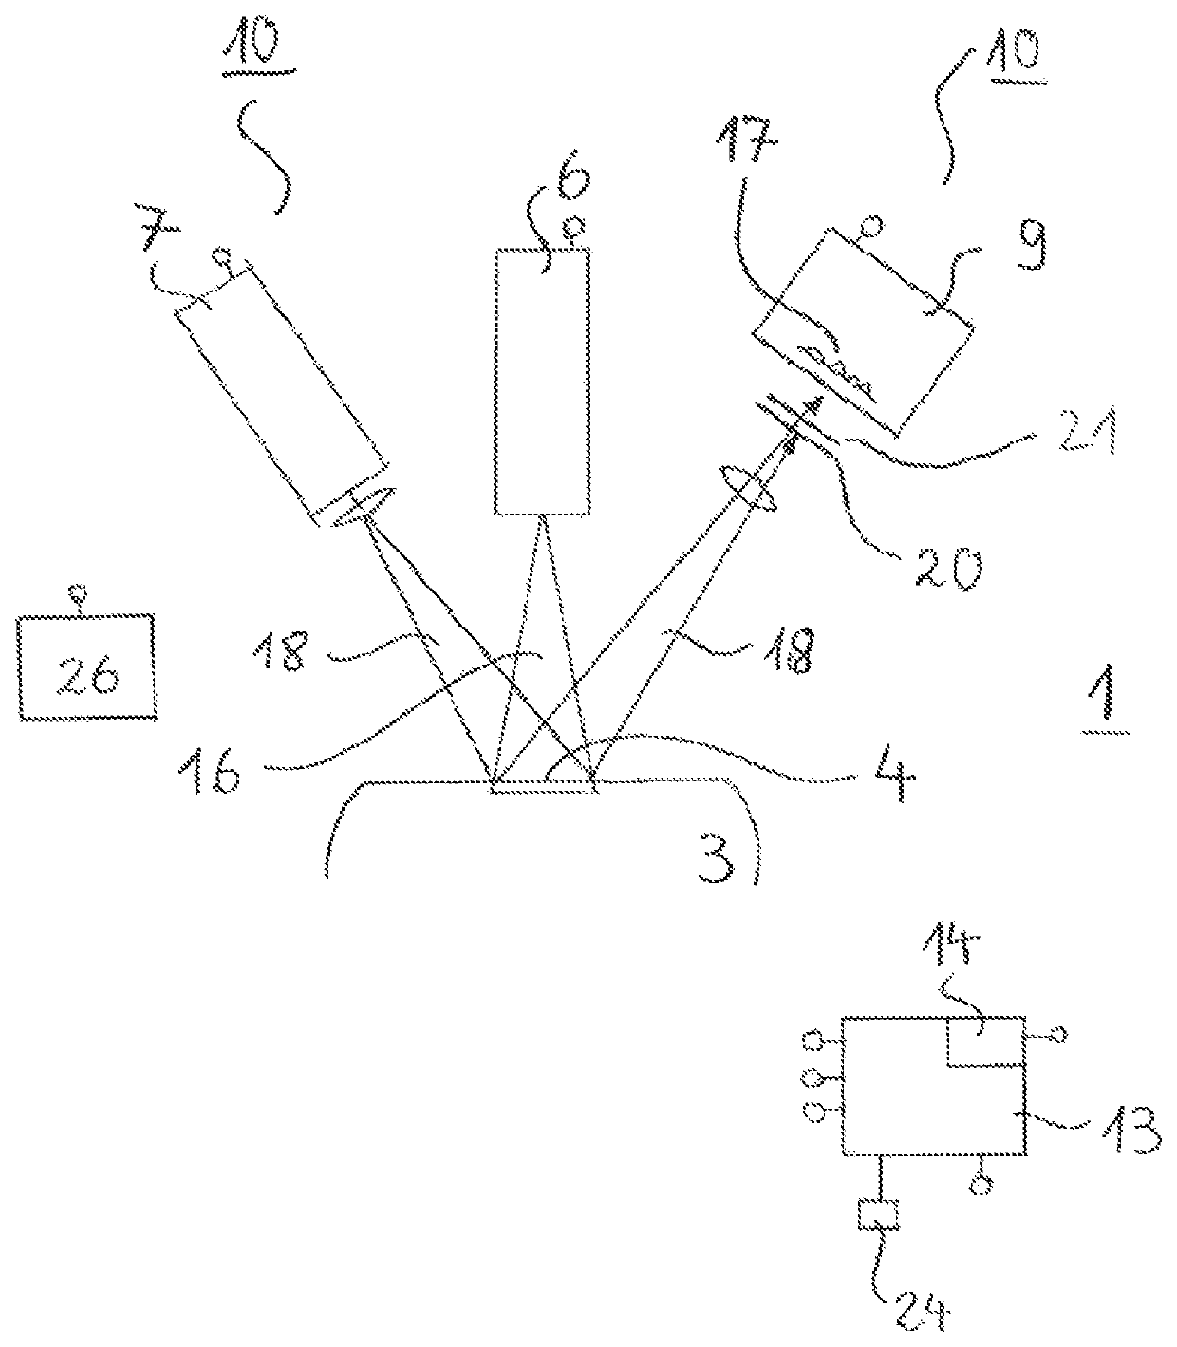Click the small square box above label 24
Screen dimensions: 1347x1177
pyautogui.click(x=878, y=1214)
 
